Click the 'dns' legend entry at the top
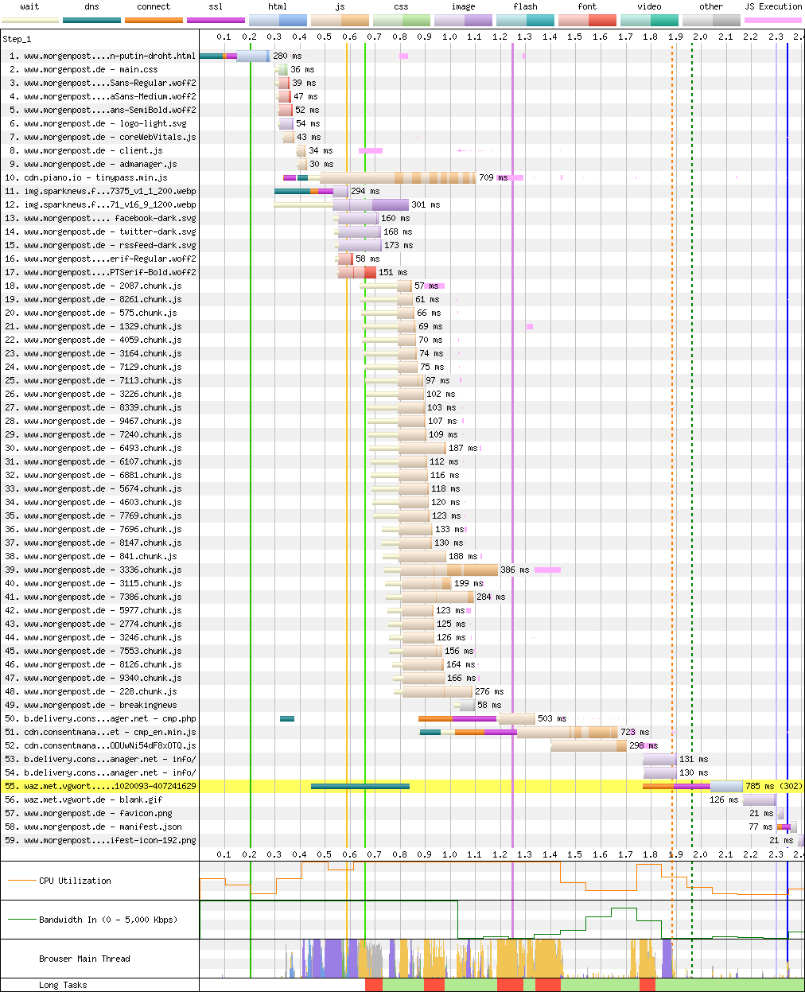[91, 6]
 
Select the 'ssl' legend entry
[216, 6]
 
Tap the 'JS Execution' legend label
[773, 6]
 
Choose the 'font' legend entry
[587, 6]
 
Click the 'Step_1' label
[17, 39]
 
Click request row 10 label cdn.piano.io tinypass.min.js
[95, 177]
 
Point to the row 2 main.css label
[91, 69]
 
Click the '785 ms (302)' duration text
[773, 786]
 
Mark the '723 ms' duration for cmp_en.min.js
[634, 732]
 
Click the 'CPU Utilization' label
[75, 881]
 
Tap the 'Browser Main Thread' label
[84, 959]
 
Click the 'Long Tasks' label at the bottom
[63, 985]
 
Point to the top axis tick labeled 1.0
[449, 37]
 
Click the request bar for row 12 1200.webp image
[371, 204]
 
